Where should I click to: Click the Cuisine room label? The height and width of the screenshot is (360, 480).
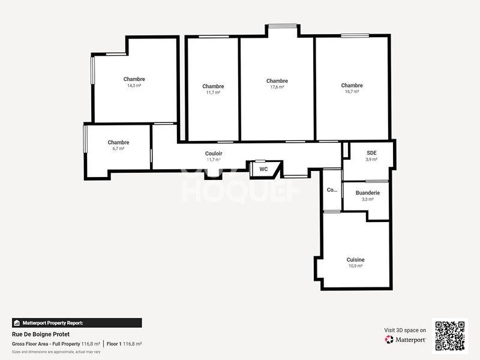[355, 260]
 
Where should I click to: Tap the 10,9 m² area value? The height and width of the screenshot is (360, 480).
[355, 266]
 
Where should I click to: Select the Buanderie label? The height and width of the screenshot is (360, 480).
[367, 193]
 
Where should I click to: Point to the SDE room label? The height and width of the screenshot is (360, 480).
[371, 153]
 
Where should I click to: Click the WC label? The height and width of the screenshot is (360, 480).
[263, 169]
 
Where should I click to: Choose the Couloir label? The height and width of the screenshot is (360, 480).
[214, 154]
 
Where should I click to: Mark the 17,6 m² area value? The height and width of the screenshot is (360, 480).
[277, 87]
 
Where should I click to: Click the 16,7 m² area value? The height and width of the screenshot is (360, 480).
[352, 91]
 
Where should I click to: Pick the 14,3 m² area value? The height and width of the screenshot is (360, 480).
[134, 85]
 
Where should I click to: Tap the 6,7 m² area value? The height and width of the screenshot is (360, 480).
[118, 148]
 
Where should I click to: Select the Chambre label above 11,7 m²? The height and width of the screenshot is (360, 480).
[213, 86]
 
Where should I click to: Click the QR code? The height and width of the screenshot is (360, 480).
[450, 335]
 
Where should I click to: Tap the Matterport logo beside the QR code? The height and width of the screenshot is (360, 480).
[406, 340]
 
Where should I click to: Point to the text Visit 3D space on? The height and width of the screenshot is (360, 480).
[405, 330]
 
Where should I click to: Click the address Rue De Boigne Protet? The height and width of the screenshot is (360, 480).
[37, 334]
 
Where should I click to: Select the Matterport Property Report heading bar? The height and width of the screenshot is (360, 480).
[77, 323]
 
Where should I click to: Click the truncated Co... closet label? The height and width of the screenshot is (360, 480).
[332, 190]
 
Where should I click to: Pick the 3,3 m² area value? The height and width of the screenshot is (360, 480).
[367, 199]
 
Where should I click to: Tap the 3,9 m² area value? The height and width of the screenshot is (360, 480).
[371, 159]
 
